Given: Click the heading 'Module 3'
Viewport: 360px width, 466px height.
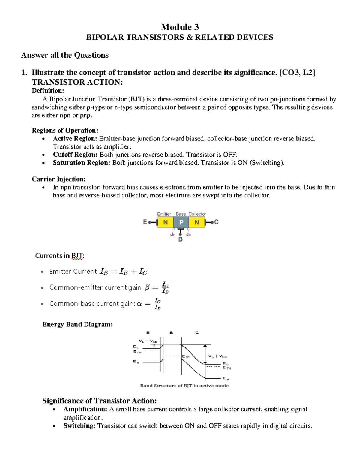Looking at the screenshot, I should [180, 27].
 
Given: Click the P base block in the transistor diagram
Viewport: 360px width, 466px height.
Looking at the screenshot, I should [181, 222].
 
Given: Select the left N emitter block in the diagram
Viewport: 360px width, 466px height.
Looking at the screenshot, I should [165, 222].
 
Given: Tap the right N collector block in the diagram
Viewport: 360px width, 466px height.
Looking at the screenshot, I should [197, 222].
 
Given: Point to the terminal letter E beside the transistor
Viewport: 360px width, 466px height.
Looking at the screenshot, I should [145, 222].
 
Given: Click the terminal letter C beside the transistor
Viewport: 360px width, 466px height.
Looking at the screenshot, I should [216, 222].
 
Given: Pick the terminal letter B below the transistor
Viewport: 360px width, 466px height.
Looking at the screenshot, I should [181, 239].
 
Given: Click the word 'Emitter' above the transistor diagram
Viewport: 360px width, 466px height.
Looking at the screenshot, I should [164, 214].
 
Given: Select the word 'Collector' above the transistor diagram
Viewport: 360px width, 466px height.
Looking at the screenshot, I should [197, 214].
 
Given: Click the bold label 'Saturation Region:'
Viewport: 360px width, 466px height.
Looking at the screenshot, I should [82, 163].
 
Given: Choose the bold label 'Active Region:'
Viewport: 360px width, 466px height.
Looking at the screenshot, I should [75, 138].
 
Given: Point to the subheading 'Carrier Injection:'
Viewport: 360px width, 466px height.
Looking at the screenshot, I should [58, 179].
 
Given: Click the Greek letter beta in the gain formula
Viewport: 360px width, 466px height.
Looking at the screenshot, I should [147, 287].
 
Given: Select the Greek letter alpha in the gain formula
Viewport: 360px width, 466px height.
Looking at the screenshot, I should [139, 304].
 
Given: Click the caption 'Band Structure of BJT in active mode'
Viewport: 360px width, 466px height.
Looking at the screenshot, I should [184, 386].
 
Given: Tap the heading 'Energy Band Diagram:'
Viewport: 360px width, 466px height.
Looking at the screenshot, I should [77, 324].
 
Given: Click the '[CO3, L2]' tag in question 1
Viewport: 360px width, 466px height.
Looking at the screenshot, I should [297, 73].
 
